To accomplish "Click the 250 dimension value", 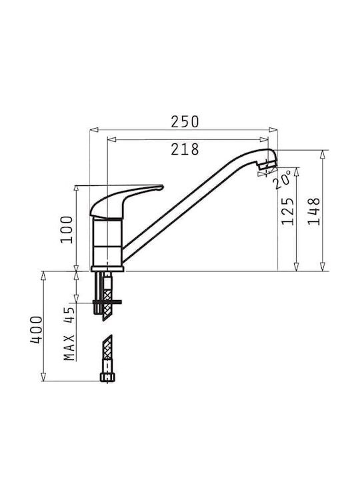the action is [185, 121].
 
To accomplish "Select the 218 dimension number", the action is [185, 149].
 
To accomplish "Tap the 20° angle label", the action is [281, 179].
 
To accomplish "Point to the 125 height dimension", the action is [288, 211].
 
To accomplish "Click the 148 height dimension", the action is [314, 211].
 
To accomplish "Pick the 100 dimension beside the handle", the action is [67, 229].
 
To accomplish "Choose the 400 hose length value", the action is [36, 330].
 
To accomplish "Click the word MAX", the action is [69, 347].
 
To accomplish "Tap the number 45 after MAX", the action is [69, 315].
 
